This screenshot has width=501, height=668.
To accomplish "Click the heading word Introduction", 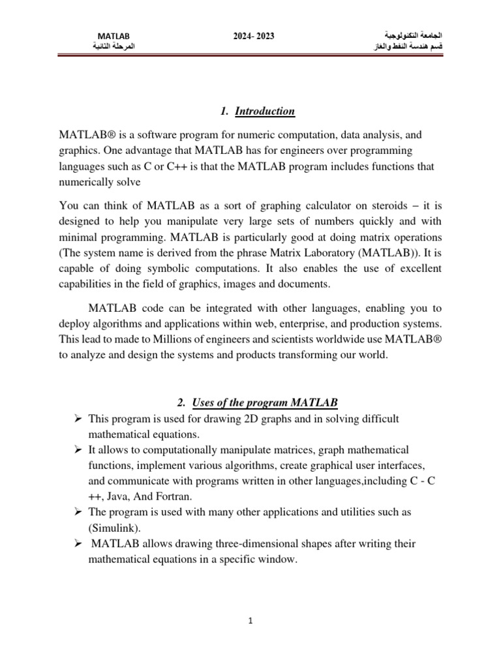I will (265, 112).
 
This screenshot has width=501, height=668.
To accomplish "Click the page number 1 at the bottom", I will (250, 622).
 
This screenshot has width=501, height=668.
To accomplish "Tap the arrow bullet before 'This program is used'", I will (76, 417).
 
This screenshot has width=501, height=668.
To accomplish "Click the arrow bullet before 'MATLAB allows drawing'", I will (76, 543).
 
